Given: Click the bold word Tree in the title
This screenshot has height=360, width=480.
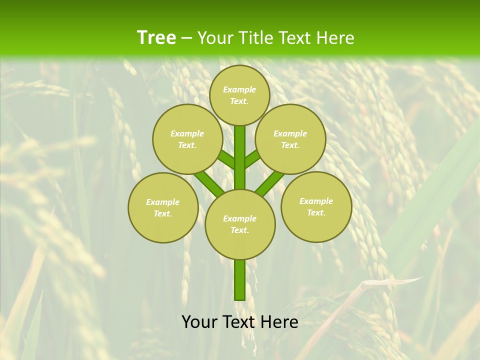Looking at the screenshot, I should pos(156,38).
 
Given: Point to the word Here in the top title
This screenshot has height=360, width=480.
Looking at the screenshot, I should pos(336,38).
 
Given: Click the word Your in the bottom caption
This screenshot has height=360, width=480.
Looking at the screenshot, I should pos(200,322).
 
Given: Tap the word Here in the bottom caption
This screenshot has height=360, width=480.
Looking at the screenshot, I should pos(280,322).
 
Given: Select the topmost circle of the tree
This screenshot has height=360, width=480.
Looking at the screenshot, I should pos(239,95).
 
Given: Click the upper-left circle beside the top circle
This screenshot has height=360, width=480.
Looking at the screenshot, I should pos(187,139).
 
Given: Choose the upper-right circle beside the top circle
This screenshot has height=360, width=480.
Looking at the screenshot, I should pos(290,139).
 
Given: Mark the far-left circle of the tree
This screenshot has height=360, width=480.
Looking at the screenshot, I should pos(163,207).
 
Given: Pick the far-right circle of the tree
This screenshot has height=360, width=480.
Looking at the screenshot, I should pos(316,206).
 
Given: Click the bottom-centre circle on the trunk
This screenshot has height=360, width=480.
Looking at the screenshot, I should pos(240,224).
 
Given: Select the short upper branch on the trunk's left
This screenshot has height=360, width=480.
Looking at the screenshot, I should pos(226,159).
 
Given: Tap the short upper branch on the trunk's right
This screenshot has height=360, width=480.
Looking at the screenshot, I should pos(252,158).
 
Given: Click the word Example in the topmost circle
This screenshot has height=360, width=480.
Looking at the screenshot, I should pos(239,90).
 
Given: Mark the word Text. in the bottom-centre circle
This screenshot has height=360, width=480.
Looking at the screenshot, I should pos(239,230).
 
